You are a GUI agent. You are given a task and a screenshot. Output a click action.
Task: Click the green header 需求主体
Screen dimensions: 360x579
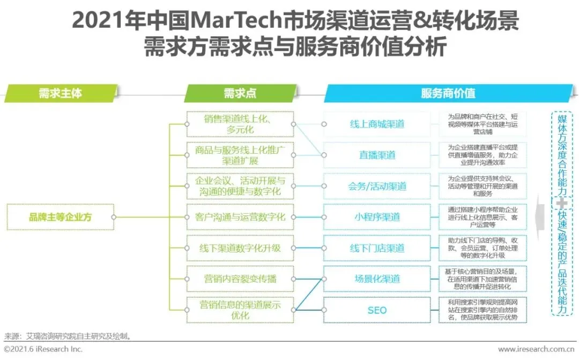coord(60,93)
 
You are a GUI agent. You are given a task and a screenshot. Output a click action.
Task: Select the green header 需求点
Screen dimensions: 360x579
coord(240,93)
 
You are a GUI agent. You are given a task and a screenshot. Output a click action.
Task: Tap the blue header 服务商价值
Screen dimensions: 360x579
coord(448,93)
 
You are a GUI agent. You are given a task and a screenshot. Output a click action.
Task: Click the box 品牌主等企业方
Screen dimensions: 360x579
coord(61,217)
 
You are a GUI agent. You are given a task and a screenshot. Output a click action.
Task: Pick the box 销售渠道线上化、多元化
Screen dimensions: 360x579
coord(240,124)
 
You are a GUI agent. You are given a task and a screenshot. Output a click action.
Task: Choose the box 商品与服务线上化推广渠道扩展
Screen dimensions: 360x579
coord(240,155)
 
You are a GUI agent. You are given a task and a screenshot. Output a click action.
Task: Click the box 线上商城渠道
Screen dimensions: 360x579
coord(377,124)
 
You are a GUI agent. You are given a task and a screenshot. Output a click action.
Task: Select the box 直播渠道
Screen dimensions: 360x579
coord(377,155)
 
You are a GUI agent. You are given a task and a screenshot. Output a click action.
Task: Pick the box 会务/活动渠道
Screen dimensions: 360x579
coord(377,186)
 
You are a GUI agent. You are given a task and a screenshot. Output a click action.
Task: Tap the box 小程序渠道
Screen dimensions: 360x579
coord(377,217)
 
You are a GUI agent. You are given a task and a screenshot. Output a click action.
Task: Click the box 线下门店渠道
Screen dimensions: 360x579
coord(377,248)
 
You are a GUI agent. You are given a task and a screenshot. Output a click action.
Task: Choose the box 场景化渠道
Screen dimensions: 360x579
coord(377,279)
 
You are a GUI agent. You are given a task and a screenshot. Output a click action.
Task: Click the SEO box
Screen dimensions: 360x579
coord(377,310)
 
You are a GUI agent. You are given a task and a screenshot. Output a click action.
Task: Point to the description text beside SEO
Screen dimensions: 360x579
coord(482,310)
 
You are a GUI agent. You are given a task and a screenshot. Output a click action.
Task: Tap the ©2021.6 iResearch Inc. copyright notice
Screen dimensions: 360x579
coord(43,349)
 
